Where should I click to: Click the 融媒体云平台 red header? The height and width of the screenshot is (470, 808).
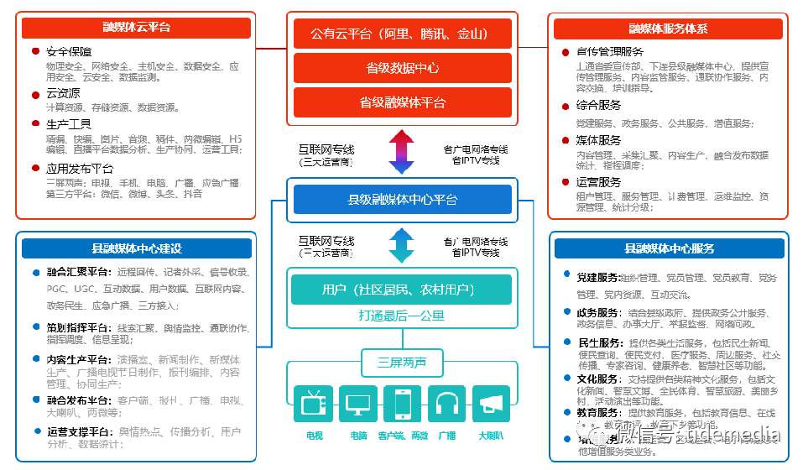136,28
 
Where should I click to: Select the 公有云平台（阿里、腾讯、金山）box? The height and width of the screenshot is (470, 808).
402,34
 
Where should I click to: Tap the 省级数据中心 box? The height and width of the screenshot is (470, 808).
402,68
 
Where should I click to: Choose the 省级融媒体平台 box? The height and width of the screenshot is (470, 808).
402,102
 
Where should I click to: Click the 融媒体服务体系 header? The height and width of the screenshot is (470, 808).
668,28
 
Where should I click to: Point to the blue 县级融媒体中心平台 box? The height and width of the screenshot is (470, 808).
402,200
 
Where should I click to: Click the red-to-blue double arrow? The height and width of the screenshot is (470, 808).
402,150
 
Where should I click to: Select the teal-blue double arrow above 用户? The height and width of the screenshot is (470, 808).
402,245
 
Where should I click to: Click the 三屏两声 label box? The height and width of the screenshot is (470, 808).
401,363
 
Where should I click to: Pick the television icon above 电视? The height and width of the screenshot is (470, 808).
313,404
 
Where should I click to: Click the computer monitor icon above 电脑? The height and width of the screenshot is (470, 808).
358,404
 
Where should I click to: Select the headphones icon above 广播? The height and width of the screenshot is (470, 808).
446,404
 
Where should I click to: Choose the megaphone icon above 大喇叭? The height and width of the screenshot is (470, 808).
491,404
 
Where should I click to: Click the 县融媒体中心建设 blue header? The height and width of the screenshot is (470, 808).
136,248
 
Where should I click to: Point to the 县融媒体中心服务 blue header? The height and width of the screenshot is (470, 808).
669,248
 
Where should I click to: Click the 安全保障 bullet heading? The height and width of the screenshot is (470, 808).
69,51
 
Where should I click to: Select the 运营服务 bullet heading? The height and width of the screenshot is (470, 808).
598,182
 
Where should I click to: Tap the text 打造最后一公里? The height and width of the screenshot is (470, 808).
401,316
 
